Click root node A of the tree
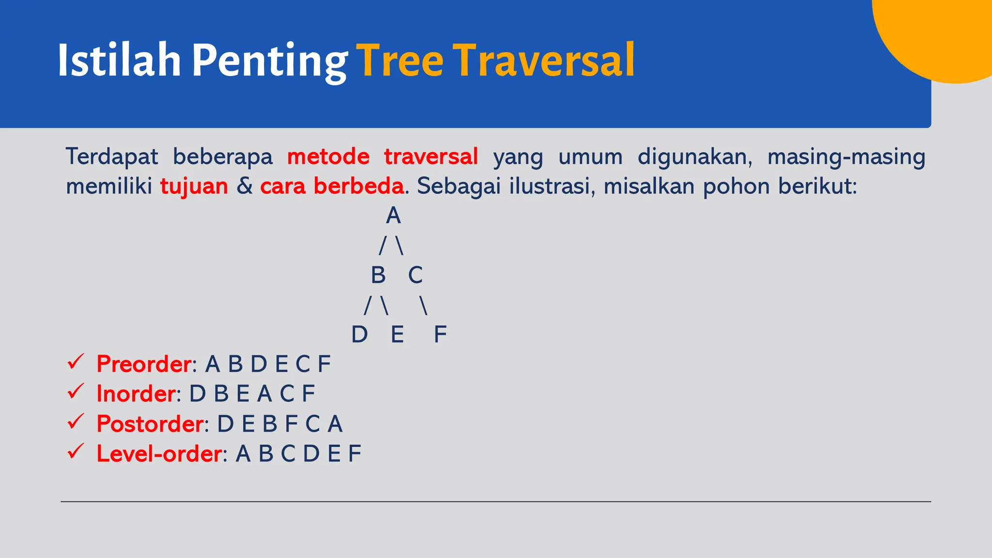coord(393,216)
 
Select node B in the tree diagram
coord(378,275)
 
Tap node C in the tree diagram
coord(415,275)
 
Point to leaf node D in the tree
coord(359,335)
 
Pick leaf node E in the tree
coord(397,335)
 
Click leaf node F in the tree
coord(440,335)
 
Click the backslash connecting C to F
coord(424,306)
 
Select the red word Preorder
coord(144,364)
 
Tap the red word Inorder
coord(136,394)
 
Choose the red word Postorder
coord(150,424)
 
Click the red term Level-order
coord(159,454)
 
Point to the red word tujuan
coord(194,186)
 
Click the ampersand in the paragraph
coord(245,186)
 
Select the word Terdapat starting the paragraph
coord(112,157)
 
